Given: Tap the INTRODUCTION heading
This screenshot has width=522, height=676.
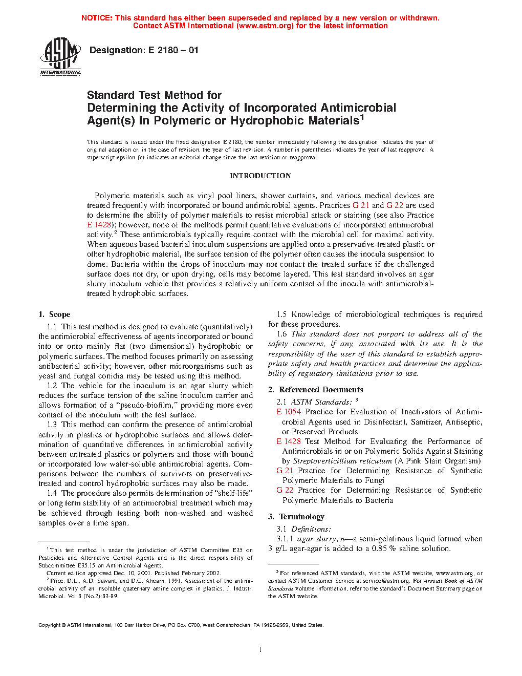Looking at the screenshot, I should click(260, 176).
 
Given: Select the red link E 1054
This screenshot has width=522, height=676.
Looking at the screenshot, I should click(289, 412).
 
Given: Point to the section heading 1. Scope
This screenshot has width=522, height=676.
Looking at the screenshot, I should click(54, 314).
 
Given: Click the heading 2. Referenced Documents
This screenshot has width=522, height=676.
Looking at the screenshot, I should click(316, 390).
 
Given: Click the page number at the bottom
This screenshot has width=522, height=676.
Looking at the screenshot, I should click(260, 650).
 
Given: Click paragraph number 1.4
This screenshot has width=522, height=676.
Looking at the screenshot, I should click(52, 493).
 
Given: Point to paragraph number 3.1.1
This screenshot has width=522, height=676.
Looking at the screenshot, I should click(285, 539).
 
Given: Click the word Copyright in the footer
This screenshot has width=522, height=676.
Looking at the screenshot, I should click(50, 625).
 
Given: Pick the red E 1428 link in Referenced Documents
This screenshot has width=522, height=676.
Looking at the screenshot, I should click(289, 441).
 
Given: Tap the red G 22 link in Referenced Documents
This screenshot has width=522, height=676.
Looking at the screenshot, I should click(285, 490).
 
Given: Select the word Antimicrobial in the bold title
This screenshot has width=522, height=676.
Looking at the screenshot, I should click(358, 108).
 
